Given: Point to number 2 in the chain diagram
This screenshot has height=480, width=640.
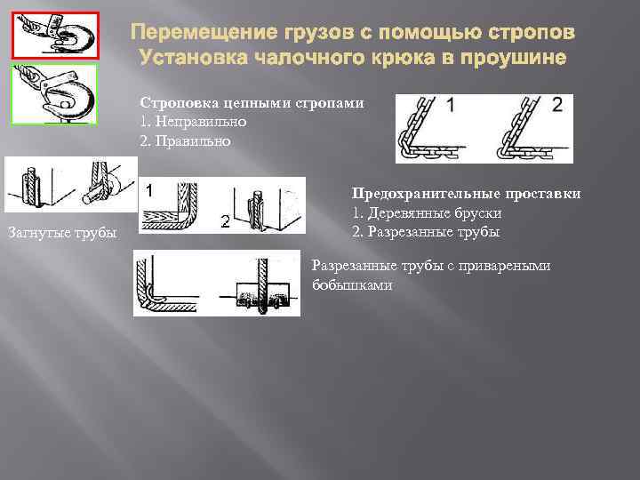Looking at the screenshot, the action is tap(557, 105).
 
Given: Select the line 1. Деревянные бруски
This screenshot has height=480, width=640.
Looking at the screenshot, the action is tap(427, 213).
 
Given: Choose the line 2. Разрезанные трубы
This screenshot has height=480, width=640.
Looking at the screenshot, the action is tap(426, 232).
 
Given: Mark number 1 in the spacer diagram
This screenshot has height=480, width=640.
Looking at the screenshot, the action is tap(151, 188).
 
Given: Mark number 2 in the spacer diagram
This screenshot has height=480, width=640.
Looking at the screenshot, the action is tap(227, 222).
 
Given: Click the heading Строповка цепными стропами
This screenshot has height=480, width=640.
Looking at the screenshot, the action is tap(252, 103).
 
